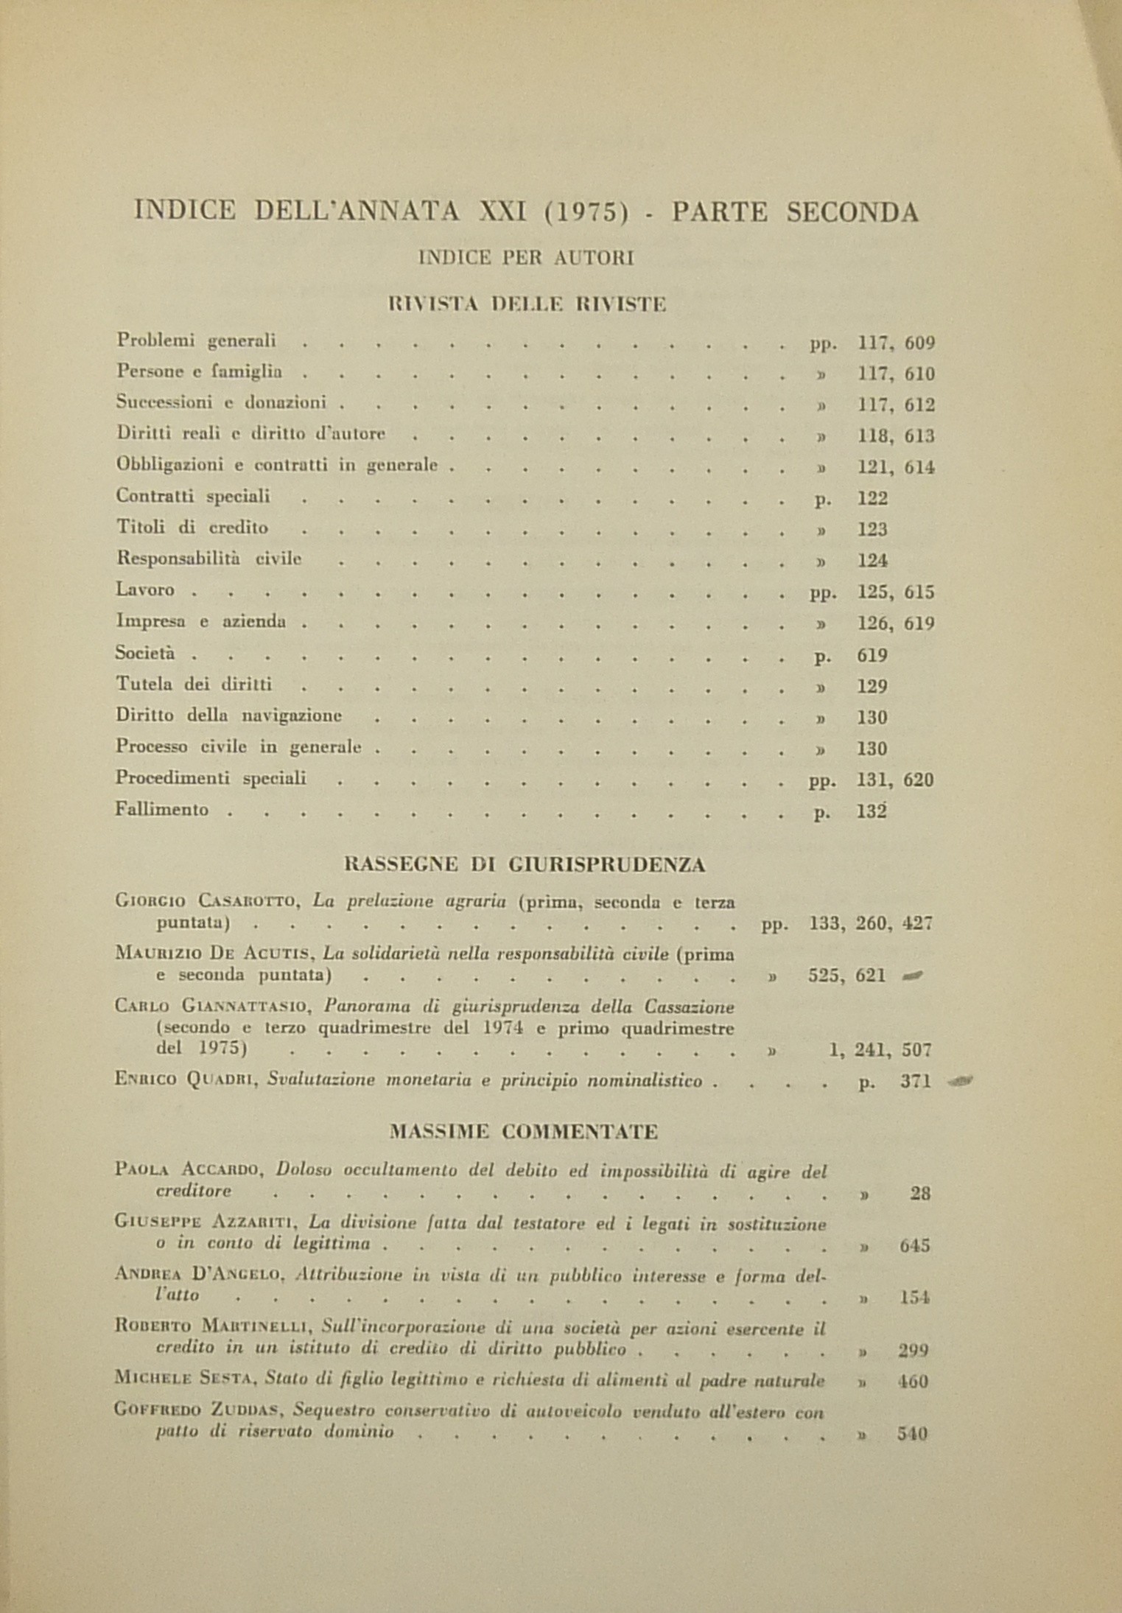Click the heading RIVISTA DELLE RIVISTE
click(527, 304)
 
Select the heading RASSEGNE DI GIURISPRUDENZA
click(525, 864)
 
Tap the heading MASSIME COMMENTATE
click(524, 1131)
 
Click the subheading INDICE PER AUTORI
click(526, 258)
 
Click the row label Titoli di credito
click(192, 528)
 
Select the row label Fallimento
click(162, 810)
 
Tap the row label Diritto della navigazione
click(228, 715)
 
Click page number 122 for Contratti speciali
click(873, 498)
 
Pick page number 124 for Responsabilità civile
click(873, 561)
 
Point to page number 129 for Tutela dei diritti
click(873, 687)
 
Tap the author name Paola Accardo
click(194, 1170)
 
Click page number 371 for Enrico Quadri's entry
click(916, 1082)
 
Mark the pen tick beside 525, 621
click(912, 976)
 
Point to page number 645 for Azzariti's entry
click(915, 1246)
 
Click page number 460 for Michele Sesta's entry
click(914, 1382)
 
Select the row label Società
click(145, 654)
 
